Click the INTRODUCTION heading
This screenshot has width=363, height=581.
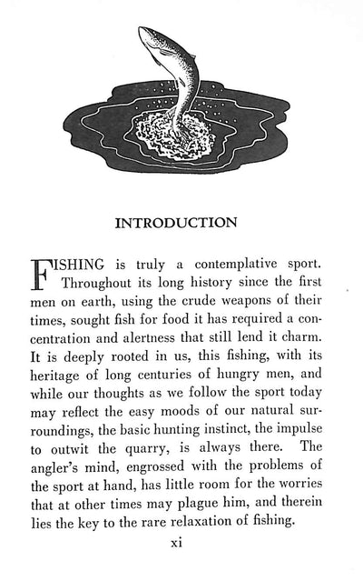point(181,221)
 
